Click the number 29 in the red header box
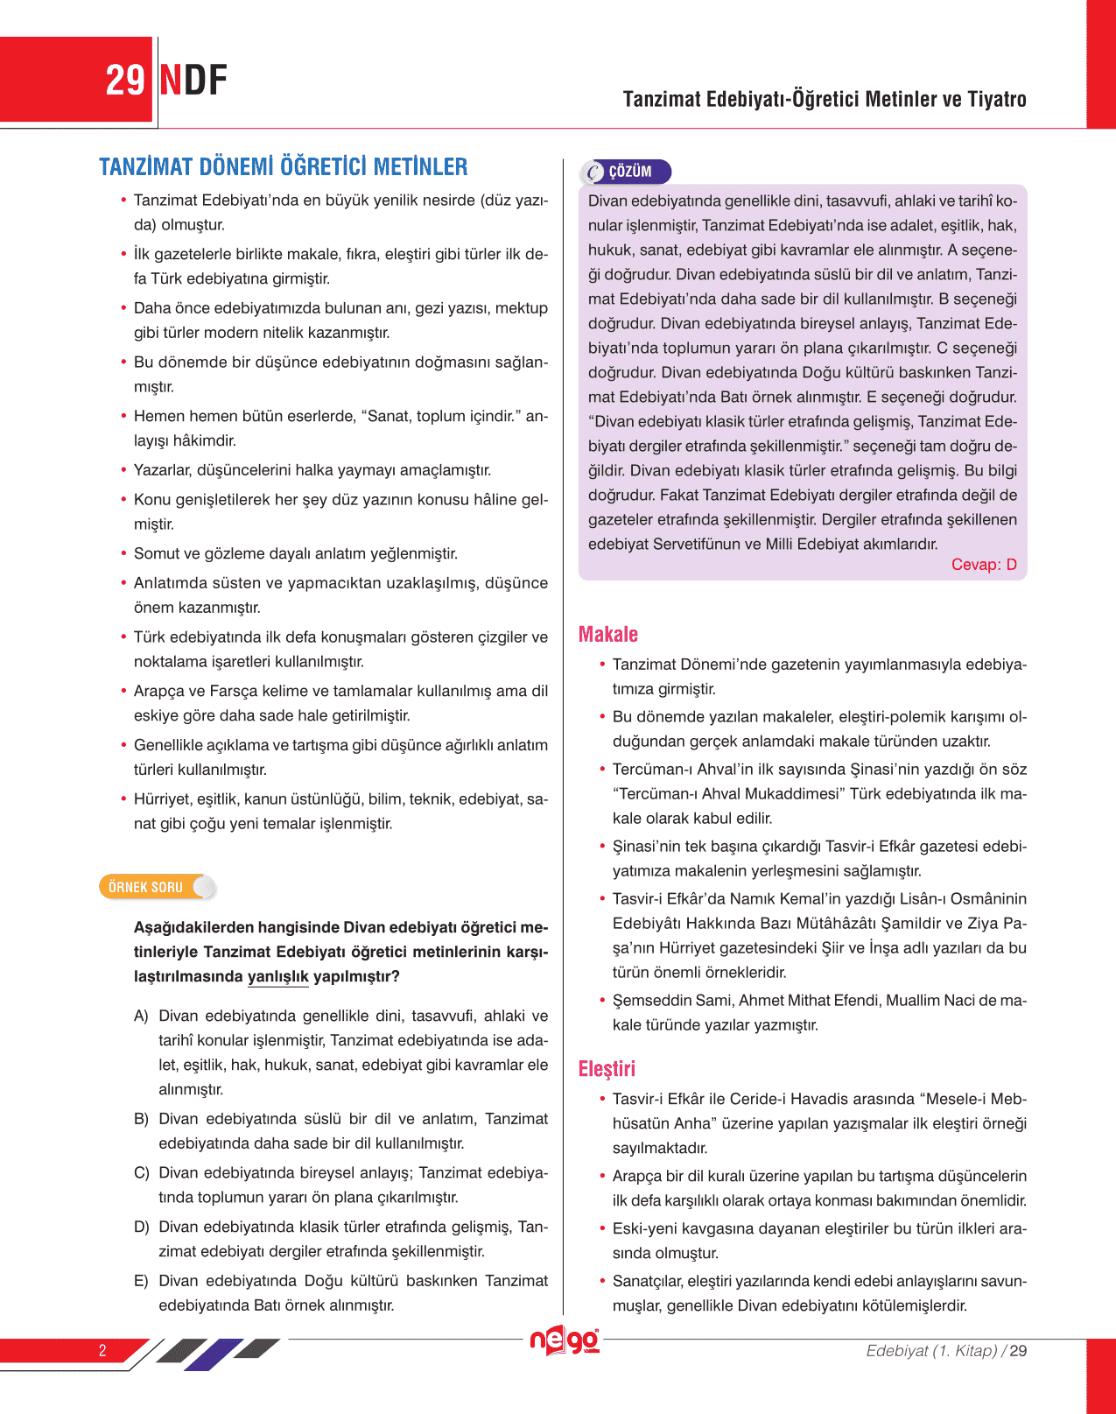point(124,81)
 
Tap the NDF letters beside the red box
point(193,81)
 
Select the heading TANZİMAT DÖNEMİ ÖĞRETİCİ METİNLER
point(283,166)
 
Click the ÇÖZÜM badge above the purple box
point(626,172)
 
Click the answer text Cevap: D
point(984,565)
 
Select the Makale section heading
point(608,634)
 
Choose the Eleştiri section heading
point(607,1068)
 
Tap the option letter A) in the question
point(141,1016)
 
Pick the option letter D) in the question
point(141,1227)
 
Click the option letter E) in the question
point(141,1281)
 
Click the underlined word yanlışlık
point(277,976)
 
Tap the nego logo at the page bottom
point(565,1340)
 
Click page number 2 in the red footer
point(102,1350)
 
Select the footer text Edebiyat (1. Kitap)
point(931,1350)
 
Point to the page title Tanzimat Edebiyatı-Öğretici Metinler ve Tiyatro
point(825,99)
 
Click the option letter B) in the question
point(141,1119)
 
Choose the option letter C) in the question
point(141,1172)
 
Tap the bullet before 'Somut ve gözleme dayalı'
point(123,553)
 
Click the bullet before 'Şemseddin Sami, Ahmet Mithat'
point(602,1000)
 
